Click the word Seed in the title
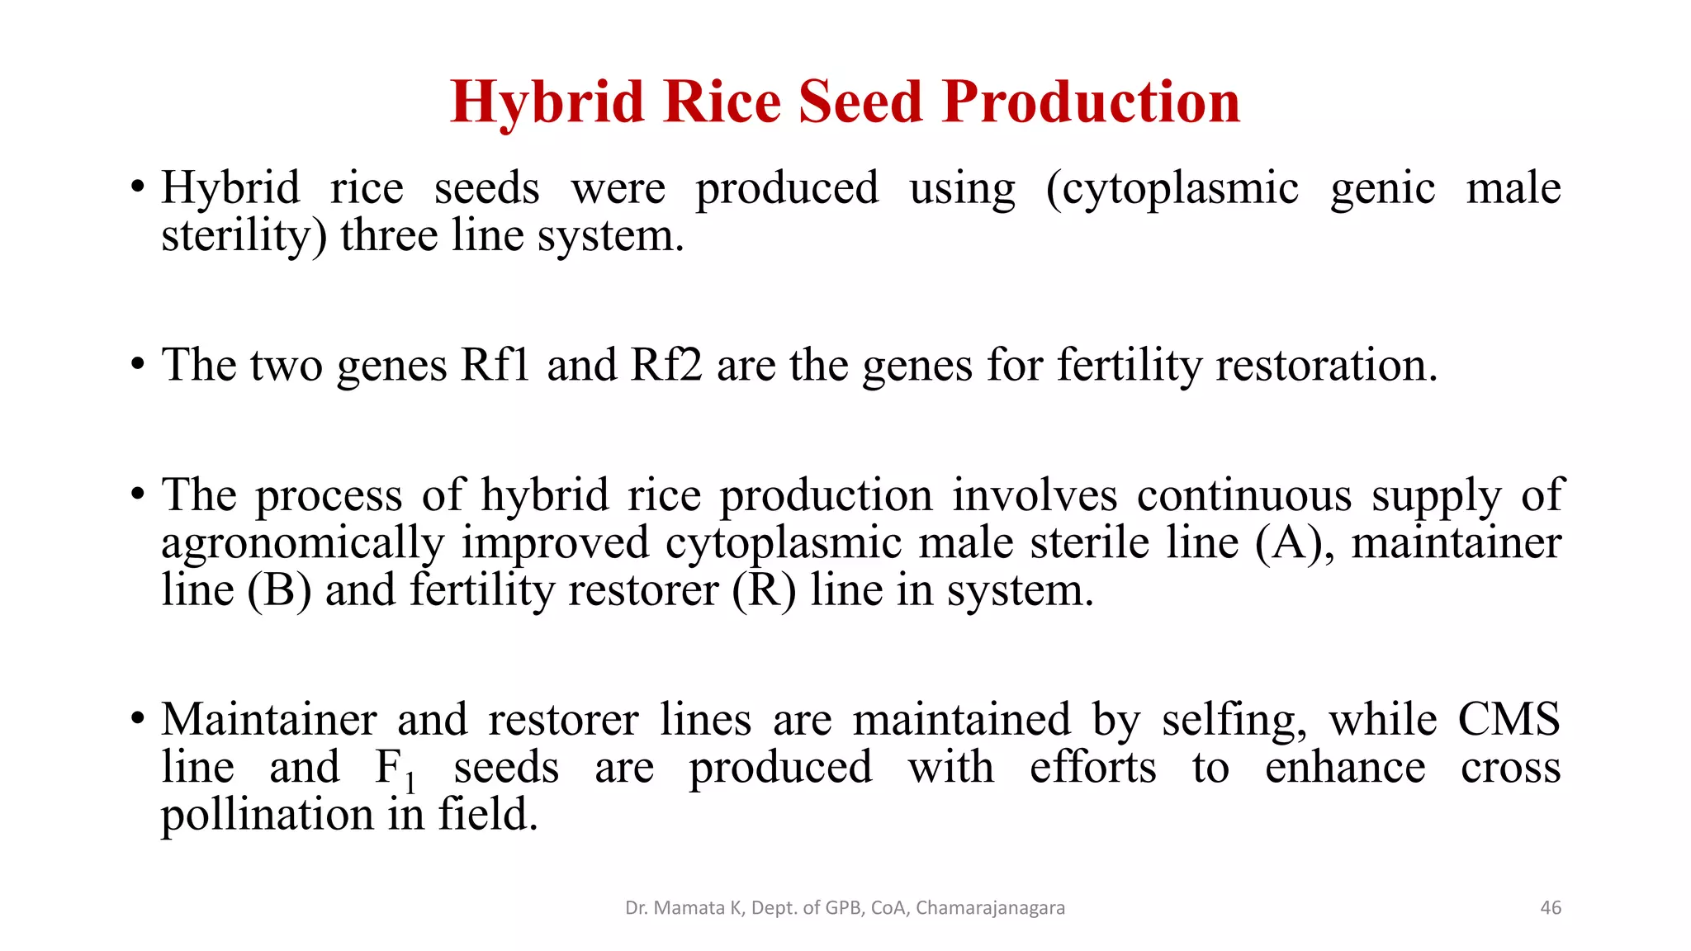(x=860, y=102)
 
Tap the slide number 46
(x=1551, y=907)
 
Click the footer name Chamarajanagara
(x=990, y=908)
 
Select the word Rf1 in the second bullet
(x=495, y=364)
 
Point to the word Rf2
(x=666, y=364)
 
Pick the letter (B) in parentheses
(x=279, y=591)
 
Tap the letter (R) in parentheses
(x=764, y=591)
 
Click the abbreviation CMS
(x=1508, y=719)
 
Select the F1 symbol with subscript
(x=395, y=769)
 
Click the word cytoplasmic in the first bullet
(x=1172, y=188)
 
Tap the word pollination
(x=267, y=816)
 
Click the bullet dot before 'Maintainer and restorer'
(x=138, y=717)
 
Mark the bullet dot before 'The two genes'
(x=138, y=363)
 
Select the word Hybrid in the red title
(x=547, y=102)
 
